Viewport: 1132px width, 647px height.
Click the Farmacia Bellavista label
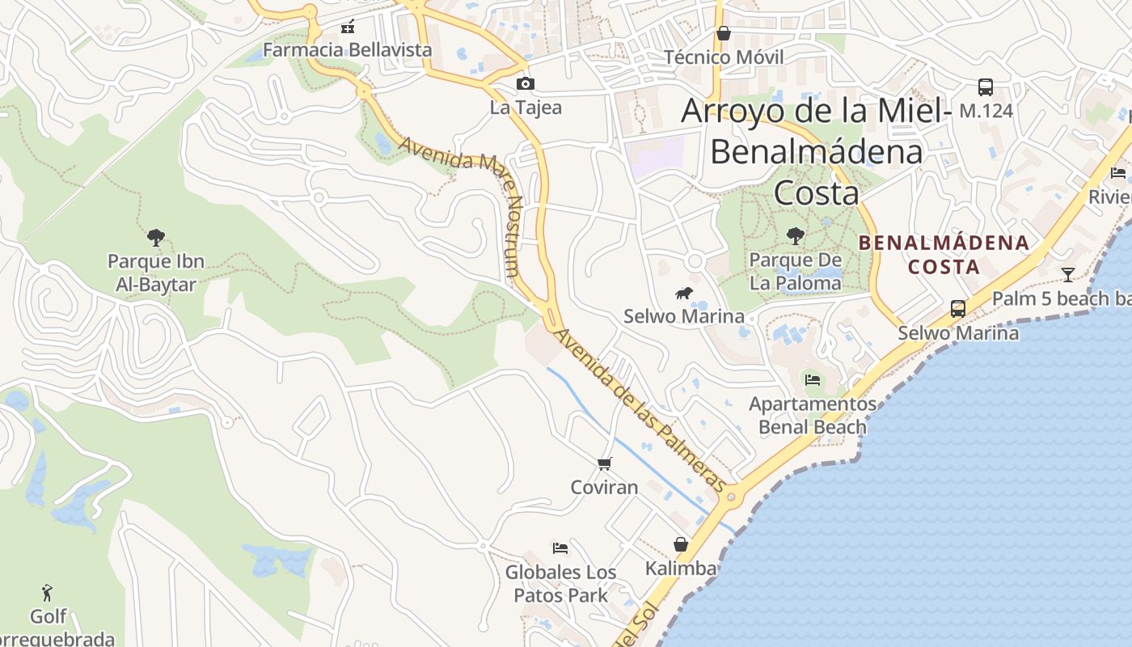pyautogui.click(x=348, y=50)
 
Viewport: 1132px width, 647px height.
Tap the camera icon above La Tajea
pyautogui.click(x=526, y=83)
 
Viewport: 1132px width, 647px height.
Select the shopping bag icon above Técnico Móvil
pyautogui.click(x=724, y=33)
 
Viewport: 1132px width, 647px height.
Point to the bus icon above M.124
pyautogui.click(x=986, y=87)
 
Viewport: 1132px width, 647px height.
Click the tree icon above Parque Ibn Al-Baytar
pyautogui.click(x=156, y=238)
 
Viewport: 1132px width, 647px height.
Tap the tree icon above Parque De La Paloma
pyautogui.click(x=796, y=236)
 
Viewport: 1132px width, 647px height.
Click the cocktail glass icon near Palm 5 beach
pyautogui.click(x=1068, y=275)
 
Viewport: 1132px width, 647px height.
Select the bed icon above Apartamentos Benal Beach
pyautogui.click(x=813, y=379)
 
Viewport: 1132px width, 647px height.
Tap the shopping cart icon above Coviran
pyautogui.click(x=605, y=463)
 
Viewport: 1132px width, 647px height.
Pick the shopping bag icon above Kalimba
pyautogui.click(x=681, y=544)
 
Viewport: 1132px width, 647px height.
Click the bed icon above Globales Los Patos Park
pyautogui.click(x=560, y=548)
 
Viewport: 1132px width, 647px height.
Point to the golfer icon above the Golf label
pyautogui.click(x=49, y=593)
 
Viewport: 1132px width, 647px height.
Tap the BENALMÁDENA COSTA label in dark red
pyautogui.click(x=944, y=254)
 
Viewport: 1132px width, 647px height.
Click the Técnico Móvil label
pyautogui.click(x=724, y=57)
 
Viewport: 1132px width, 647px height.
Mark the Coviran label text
pyautogui.click(x=604, y=487)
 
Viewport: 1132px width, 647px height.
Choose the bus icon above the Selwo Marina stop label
pyautogui.click(x=958, y=308)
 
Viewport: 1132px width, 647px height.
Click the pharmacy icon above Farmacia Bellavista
pyautogui.click(x=348, y=27)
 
